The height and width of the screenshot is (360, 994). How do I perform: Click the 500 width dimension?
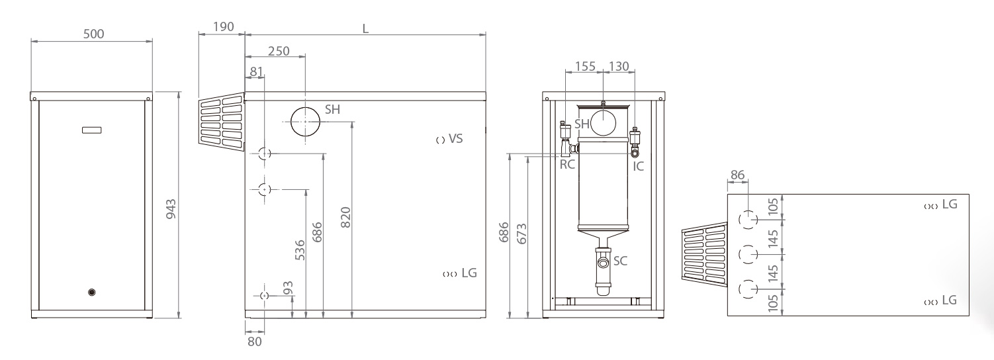93,34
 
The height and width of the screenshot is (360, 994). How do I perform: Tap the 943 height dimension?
171,209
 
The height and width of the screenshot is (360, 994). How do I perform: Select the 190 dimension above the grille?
223,26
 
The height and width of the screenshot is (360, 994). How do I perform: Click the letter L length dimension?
365,29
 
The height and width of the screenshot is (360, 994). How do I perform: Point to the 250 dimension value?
279,51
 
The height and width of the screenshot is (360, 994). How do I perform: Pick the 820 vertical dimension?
345,218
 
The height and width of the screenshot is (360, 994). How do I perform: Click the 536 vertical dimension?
300,250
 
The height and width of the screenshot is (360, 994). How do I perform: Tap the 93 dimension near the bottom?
288,288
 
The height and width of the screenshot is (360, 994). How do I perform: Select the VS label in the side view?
456,139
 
